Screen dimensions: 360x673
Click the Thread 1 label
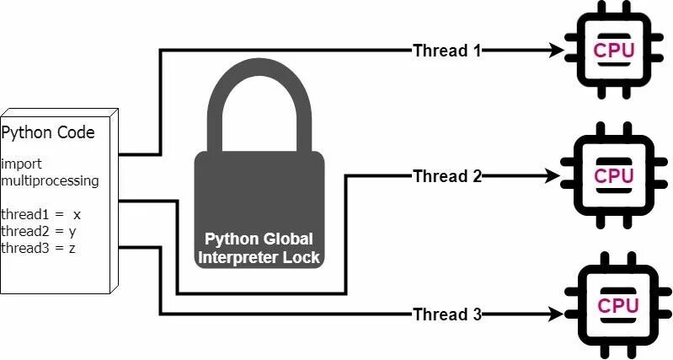coord(446,50)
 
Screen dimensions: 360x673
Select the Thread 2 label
coord(446,176)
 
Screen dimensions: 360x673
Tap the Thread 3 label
coord(446,314)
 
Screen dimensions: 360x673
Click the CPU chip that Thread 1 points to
coord(614,51)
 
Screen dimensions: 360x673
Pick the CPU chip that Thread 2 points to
coord(614,175)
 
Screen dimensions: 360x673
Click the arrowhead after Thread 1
coord(556,51)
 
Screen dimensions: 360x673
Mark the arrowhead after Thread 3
coord(556,314)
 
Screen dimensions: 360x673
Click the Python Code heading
coord(48,132)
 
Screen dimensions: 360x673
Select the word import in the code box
coord(21,163)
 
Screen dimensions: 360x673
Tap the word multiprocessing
coord(50,180)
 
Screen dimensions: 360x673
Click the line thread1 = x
coord(40,214)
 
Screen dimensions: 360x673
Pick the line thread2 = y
coord(40,231)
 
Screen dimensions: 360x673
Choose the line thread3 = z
coord(40,248)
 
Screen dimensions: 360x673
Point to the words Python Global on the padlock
coord(259,239)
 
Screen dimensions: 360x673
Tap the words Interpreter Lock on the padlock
coord(259,256)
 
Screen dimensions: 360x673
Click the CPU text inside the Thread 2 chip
coord(614,176)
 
